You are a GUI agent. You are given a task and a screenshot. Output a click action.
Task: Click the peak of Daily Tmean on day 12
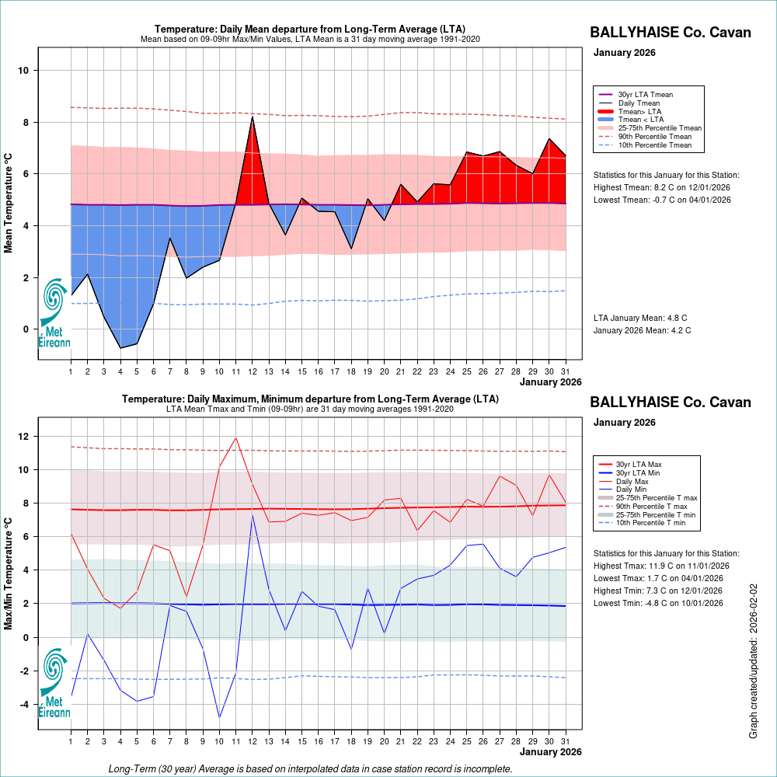point(253,117)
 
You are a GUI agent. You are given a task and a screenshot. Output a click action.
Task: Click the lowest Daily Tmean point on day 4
point(120,347)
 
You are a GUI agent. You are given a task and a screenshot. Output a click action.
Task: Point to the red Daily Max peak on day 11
point(235,437)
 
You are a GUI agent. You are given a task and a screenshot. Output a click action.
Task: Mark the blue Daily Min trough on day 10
point(219,717)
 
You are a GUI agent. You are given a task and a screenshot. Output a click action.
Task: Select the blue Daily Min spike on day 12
point(252,515)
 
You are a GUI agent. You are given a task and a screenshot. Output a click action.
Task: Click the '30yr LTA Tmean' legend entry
point(645,95)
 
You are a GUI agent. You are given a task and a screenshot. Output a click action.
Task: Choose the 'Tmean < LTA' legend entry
point(641,120)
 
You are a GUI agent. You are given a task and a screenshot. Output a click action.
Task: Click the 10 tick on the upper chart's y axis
point(24,71)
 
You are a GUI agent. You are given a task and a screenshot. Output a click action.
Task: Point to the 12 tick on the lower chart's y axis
point(24,437)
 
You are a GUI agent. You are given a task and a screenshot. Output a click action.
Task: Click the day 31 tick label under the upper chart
point(565,371)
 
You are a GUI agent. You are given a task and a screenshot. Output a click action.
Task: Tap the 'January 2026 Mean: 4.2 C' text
point(642,330)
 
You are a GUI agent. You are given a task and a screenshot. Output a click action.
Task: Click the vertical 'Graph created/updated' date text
point(753,661)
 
